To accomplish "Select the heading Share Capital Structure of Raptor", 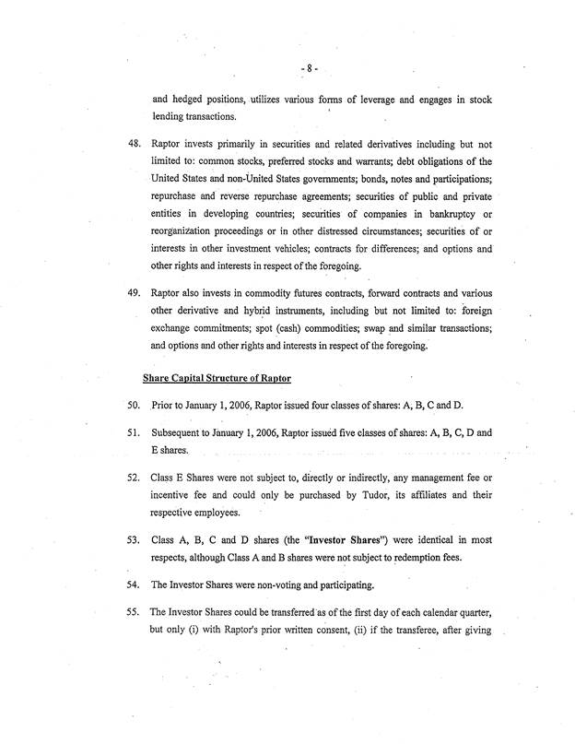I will [218, 377].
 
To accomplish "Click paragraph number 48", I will [120, 147].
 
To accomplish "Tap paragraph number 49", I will [120, 291].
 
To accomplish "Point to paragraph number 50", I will [120, 407].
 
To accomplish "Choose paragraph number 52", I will [120, 480].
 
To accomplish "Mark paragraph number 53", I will [120, 539].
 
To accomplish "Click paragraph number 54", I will [120, 584].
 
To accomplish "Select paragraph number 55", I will [120, 612].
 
